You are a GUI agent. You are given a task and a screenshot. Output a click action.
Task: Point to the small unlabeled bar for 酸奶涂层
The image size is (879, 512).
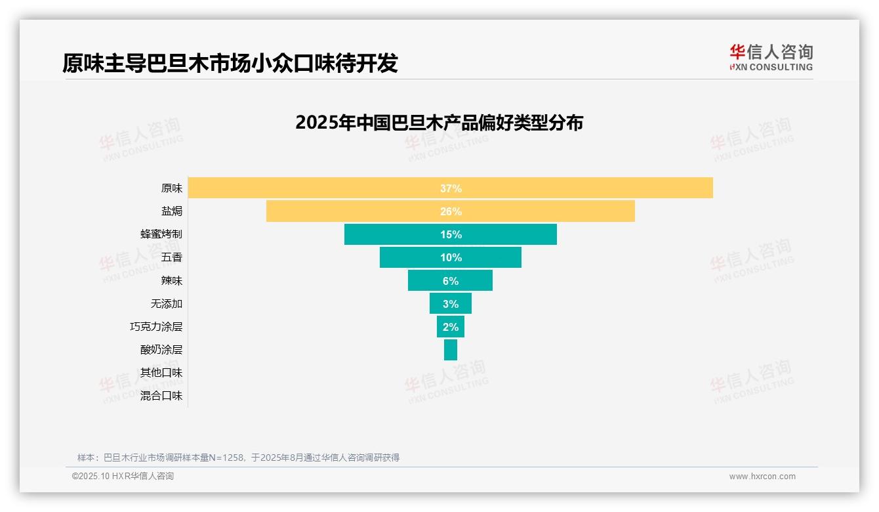[x=451, y=350]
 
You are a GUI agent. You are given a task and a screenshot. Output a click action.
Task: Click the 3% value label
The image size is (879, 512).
[x=451, y=304]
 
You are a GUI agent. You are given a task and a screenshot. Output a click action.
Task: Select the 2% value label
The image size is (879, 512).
[x=451, y=327]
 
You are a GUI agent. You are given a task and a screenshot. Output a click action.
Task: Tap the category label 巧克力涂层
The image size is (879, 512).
[x=156, y=327]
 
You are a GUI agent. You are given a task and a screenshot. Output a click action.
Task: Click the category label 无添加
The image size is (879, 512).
[x=167, y=304]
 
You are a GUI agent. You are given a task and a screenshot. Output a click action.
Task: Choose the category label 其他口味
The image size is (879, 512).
[x=161, y=373]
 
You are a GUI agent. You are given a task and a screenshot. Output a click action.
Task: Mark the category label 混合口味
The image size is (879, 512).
[x=161, y=396]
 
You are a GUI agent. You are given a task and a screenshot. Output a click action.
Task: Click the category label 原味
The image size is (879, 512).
[x=172, y=188]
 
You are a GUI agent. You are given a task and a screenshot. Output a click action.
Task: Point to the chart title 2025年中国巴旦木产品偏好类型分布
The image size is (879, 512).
[x=439, y=123]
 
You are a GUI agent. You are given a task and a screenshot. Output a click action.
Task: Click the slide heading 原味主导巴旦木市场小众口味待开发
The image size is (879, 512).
[x=230, y=63]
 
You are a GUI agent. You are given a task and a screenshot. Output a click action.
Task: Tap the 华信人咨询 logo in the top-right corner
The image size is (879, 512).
[x=771, y=57]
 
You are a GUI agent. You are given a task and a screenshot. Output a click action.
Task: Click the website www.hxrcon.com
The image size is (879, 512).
[x=762, y=477]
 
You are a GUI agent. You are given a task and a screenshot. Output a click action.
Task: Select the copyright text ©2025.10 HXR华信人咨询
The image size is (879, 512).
[x=123, y=477]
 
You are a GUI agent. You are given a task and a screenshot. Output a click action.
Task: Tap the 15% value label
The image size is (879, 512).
[x=451, y=234]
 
